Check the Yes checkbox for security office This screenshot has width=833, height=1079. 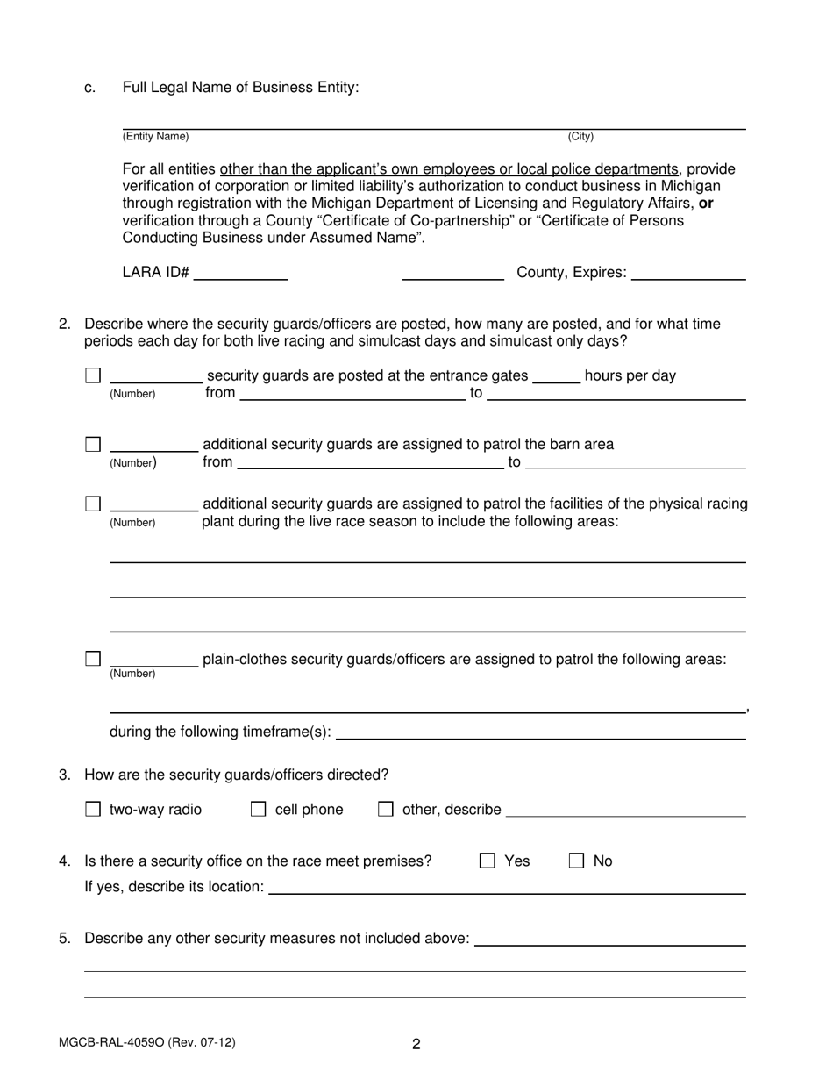pyautogui.click(x=488, y=861)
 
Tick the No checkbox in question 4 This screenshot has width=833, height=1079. pyautogui.click(x=577, y=861)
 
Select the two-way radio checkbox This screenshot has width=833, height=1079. pyautogui.click(x=93, y=810)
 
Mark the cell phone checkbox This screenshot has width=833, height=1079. pyautogui.click(x=259, y=810)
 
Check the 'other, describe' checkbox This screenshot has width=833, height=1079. pyautogui.click(x=385, y=810)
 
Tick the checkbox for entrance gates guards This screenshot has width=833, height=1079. pyautogui.click(x=93, y=375)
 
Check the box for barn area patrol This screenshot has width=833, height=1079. pyautogui.click(x=93, y=444)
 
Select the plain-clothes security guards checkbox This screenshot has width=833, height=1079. pyautogui.click(x=93, y=659)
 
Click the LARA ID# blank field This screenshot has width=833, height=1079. pyautogui.click(x=240, y=274)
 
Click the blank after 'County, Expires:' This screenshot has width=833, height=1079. pyautogui.click(x=688, y=274)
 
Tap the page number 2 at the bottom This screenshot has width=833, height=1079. pyautogui.click(x=416, y=1044)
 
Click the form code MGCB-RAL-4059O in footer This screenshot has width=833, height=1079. pyautogui.click(x=146, y=1043)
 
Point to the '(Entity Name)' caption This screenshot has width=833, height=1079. pyautogui.click(x=155, y=137)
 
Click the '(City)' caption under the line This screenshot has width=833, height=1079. pyautogui.click(x=580, y=137)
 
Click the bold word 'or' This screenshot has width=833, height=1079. pyautogui.click(x=706, y=204)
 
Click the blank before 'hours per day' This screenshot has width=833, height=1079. pyautogui.click(x=557, y=377)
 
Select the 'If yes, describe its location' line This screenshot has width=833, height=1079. pyautogui.click(x=507, y=888)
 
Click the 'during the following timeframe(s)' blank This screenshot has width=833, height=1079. pyautogui.click(x=540, y=733)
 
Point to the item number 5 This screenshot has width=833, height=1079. pyautogui.click(x=65, y=939)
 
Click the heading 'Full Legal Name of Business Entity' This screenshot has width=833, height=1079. pyautogui.click(x=240, y=88)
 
